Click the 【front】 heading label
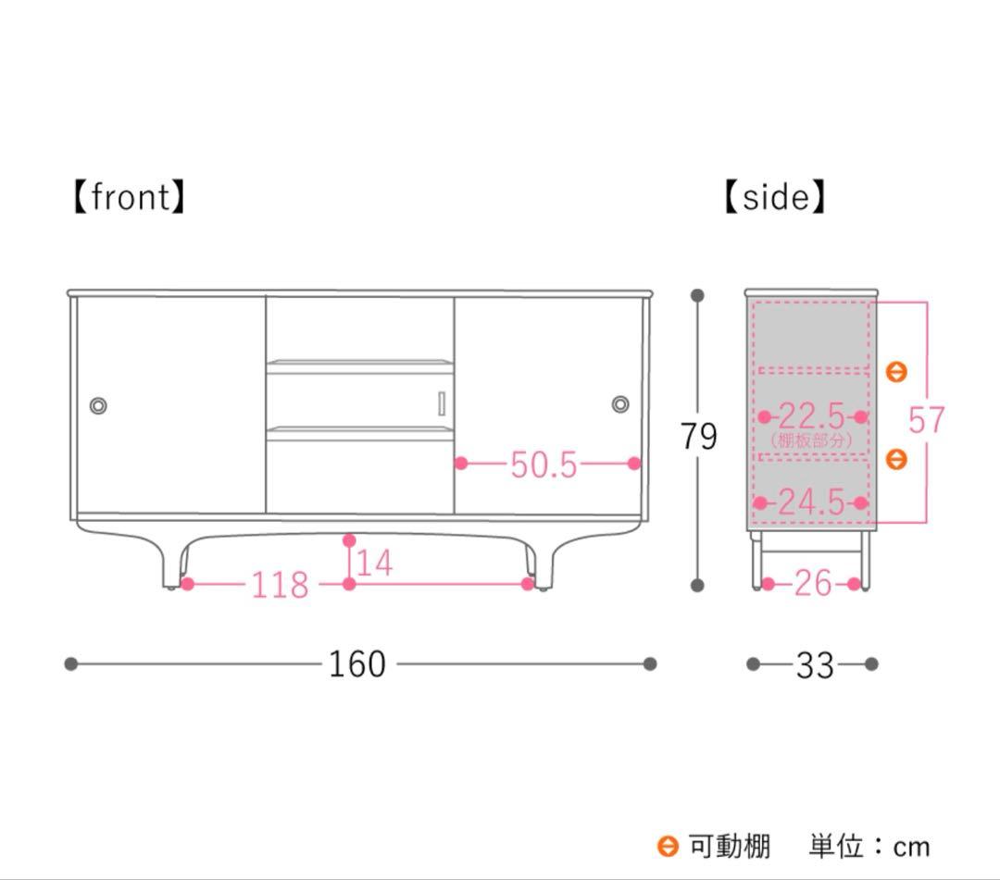click(129, 197)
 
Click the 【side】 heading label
click(774, 197)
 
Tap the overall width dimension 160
click(356, 663)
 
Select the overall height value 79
click(698, 435)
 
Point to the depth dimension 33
click(815, 664)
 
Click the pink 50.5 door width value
click(544, 465)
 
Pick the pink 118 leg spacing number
click(280, 585)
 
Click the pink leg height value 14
click(374, 562)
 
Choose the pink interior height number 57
click(926, 420)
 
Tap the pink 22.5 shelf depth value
click(811, 415)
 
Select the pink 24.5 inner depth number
click(811, 502)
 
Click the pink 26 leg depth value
click(813, 583)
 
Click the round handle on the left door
click(98, 404)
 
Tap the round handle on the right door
click(620, 404)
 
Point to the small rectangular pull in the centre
click(443, 403)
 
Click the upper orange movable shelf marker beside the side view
click(895, 372)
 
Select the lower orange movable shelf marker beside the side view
click(895, 458)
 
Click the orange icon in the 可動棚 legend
click(668, 846)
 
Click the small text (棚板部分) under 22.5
click(811, 440)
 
